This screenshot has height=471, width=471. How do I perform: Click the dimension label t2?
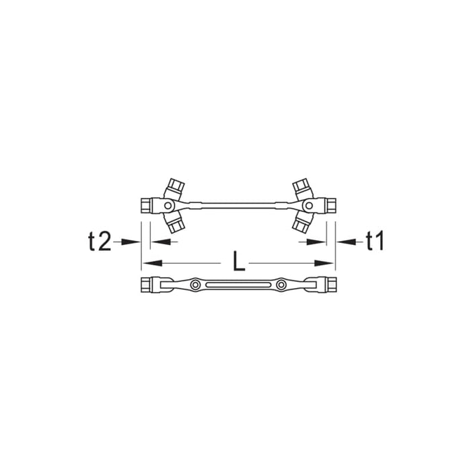click(x=99, y=242)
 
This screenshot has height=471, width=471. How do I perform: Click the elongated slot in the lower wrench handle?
click(x=238, y=286)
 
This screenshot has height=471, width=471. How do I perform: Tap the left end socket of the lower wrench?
click(x=150, y=286)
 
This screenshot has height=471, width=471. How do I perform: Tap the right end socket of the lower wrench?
click(x=326, y=286)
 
